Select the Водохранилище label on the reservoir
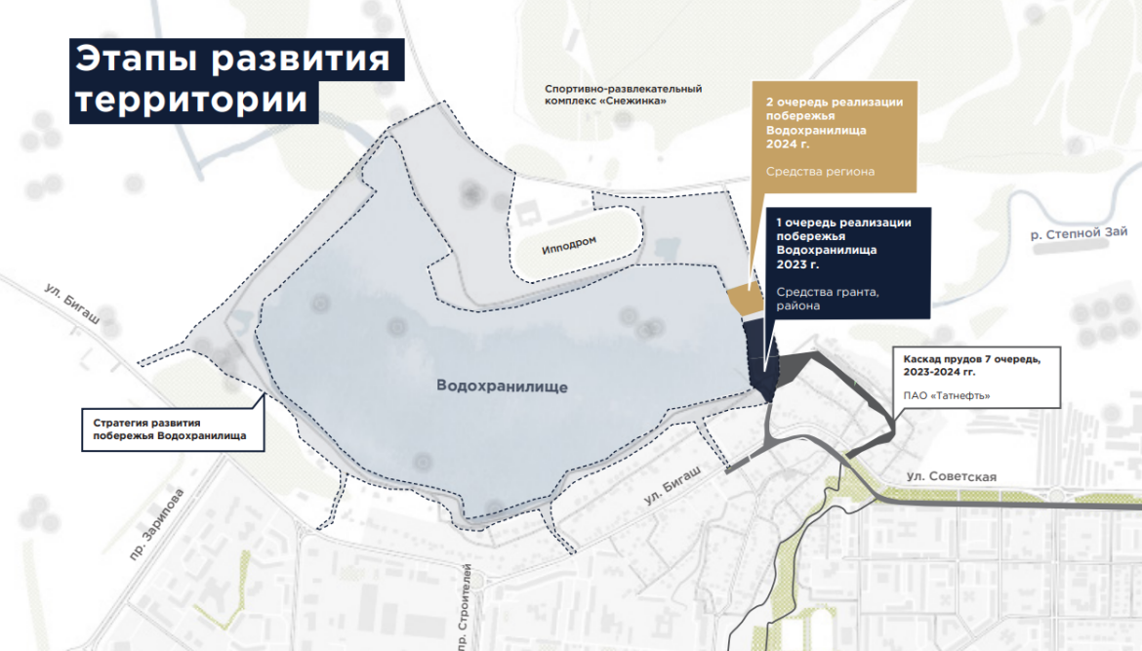point(503,386)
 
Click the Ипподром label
point(569,244)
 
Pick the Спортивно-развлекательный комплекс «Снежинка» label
point(624,96)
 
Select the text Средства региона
point(820,173)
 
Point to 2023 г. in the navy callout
point(797,264)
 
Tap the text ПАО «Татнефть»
point(947,395)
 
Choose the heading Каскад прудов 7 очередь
point(971,359)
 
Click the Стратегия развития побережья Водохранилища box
point(172,429)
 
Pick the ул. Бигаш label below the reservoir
point(673,484)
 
